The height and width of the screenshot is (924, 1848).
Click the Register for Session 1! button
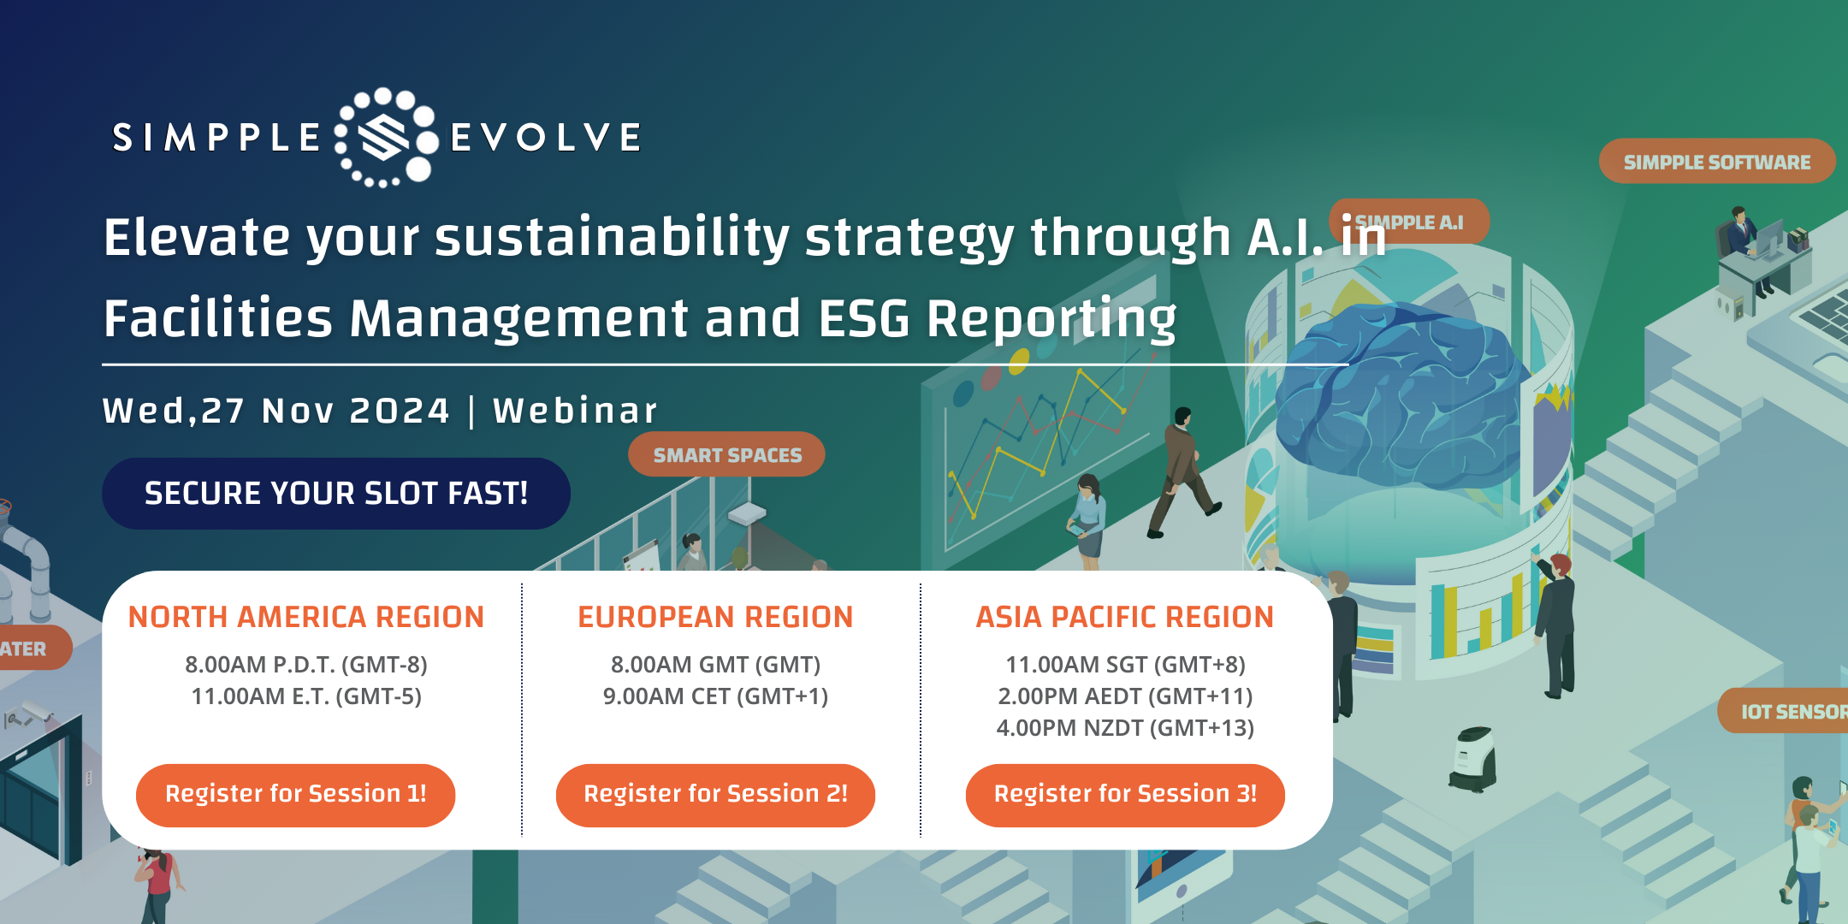click(295, 795)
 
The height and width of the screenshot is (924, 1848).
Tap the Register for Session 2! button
click(715, 795)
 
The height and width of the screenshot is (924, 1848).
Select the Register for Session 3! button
click(1125, 795)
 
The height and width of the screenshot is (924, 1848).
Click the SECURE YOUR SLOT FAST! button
click(336, 494)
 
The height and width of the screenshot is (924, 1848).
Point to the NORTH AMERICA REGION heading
click(306, 617)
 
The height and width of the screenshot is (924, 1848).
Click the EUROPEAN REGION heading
click(715, 617)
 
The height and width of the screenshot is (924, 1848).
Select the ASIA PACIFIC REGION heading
click(1125, 617)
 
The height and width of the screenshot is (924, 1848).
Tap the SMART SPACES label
click(727, 455)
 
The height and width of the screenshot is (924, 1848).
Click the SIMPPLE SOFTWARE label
click(1717, 162)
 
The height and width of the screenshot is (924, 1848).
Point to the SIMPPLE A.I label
click(1409, 222)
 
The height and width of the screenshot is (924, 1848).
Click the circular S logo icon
click(386, 137)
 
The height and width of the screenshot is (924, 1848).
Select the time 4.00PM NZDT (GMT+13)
click(1125, 728)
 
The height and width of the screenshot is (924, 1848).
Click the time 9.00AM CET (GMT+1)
click(715, 696)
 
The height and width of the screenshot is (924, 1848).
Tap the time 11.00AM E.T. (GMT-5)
click(306, 696)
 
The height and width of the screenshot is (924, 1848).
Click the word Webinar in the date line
click(575, 411)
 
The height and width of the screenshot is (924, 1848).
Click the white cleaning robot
click(1473, 758)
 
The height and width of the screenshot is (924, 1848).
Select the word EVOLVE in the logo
click(546, 138)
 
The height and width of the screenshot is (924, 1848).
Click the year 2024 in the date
click(400, 411)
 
